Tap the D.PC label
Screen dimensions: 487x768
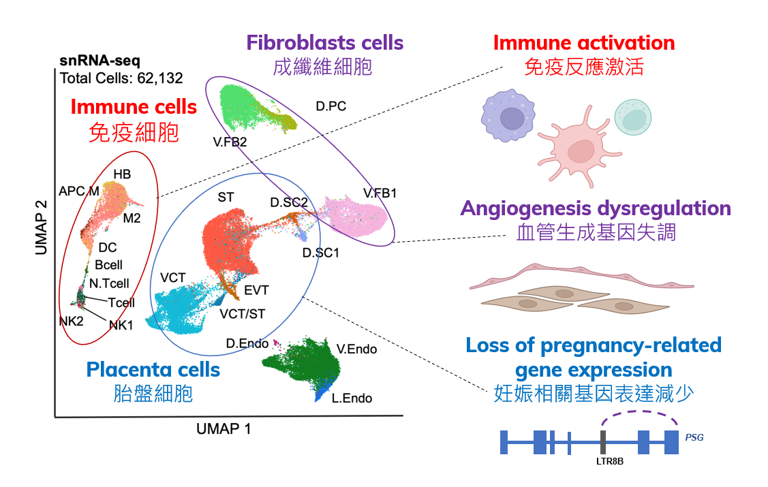pos(332,106)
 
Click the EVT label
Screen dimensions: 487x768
pos(256,291)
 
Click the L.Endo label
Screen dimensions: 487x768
pos(352,398)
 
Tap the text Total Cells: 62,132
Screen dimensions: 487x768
pos(121,78)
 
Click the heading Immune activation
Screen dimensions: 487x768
pos(583,43)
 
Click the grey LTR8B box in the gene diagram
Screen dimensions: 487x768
pos(603,442)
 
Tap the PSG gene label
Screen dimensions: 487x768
pos(694,438)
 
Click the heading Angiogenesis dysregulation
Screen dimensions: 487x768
pos(596,208)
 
